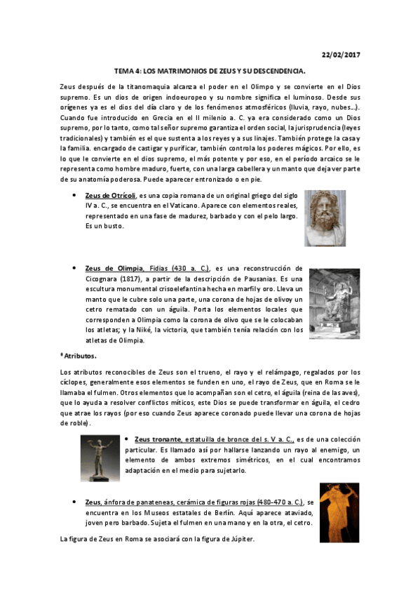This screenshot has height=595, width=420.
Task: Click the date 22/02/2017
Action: (x=340, y=55)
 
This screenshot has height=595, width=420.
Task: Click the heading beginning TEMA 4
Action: (x=210, y=72)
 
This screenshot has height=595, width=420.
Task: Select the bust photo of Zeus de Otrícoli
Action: (x=325, y=218)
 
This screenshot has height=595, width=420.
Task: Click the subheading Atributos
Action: (x=79, y=356)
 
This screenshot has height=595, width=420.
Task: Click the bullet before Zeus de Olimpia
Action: (x=74, y=268)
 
